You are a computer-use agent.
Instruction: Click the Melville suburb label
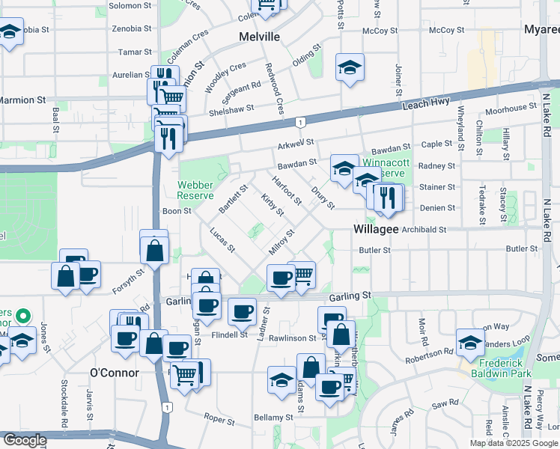click(259, 37)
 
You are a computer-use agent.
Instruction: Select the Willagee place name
click(376, 229)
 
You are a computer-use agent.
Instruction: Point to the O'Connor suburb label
click(115, 373)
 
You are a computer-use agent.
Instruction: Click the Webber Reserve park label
click(195, 190)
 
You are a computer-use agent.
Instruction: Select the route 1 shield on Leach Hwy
click(299, 122)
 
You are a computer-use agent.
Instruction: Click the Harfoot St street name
click(287, 190)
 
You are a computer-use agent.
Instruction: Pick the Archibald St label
click(421, 230)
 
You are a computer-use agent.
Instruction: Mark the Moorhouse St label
click(506, 109)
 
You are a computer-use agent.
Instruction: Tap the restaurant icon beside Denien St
click(388, 197)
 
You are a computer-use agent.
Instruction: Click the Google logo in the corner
click(24, 441)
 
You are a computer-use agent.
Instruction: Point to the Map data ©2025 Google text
click(514, 443)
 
